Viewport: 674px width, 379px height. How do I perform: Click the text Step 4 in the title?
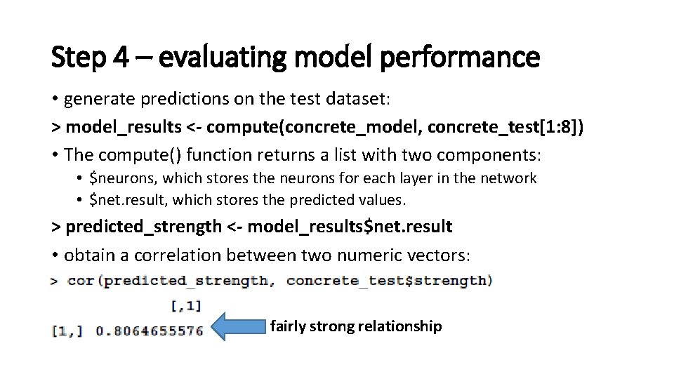pyautogui.click(x=89, y=57)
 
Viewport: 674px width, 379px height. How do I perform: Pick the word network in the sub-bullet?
pyautogui.click(x=510, y=178)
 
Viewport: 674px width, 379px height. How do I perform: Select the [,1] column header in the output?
pyautogui.click(x=186, y=305)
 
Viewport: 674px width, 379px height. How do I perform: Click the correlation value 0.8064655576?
pyautogui.click(x=149, y=331)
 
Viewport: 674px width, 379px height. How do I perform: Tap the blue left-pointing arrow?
pyautogui.click(x=240, y=326)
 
